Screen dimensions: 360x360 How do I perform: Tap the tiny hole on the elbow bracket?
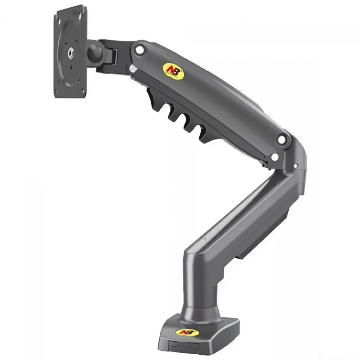295,165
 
